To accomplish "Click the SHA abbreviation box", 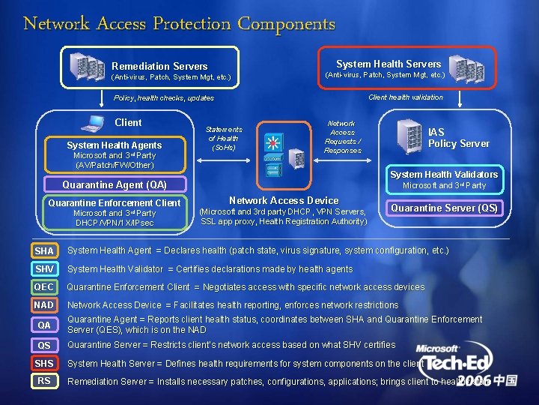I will click(44, 250).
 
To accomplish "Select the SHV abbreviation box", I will click(44, 269).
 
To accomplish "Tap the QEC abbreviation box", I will click(44, 287).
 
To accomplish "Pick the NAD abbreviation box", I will click(44, 305).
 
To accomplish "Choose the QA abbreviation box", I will click(44, 325).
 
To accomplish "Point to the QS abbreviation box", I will click(44, 345).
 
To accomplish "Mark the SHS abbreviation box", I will click(44, 363).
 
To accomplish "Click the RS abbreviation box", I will click(44, 381).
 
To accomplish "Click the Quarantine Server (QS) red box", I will click(445, 208).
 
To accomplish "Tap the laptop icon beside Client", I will click(95, 123).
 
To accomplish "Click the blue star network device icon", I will click(272, 142).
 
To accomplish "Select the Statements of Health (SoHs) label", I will click(224, 138).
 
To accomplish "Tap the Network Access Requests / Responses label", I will click(342, 136).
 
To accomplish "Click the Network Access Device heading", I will click(284, 200).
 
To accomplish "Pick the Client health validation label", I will click(406, 97).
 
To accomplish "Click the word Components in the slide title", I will click(287, 23).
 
